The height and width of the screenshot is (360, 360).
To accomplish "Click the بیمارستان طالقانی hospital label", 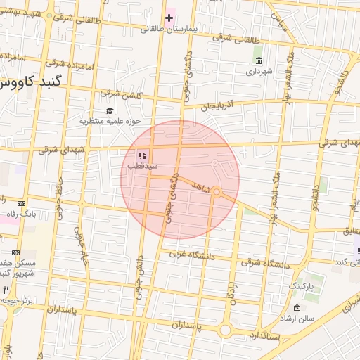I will point(165,29).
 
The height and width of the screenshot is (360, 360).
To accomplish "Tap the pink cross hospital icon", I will point(169,16).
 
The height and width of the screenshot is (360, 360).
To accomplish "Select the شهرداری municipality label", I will point(259,71).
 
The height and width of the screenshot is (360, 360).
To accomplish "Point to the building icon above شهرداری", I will point(259,60).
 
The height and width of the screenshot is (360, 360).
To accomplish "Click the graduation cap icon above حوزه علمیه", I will point(109,110).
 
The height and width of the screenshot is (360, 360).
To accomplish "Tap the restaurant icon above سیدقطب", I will point(141,155).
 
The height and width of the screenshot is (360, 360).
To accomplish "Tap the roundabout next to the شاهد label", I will point(217,192).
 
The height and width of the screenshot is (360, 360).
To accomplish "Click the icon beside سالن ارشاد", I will point(297,308).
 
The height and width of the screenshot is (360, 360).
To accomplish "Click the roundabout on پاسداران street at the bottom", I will point(225,329).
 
